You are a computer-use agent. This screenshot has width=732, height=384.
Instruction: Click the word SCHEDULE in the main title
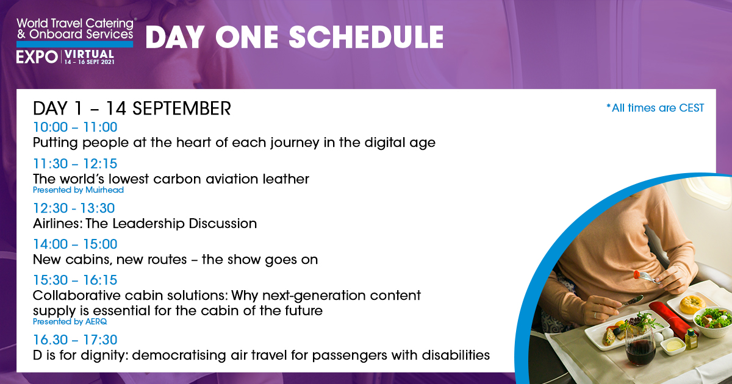click(366, 37)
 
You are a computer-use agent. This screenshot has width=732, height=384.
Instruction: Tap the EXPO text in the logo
click(37, 57)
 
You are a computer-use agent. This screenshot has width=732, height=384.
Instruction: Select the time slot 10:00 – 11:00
click(75, 127)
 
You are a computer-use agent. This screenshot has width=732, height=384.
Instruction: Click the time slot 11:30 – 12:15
click(75, 163)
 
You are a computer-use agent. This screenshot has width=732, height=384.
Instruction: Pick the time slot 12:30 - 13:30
click(74, 208)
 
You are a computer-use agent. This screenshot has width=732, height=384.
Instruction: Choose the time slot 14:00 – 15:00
click(75, 244)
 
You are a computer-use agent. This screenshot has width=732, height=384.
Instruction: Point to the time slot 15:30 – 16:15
click(75, 280)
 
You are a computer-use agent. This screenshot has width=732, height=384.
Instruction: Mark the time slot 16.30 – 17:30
click(75, 340)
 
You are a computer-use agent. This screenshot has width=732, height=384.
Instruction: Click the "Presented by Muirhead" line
click(79, 190)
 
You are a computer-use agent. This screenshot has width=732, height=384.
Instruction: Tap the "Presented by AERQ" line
click(70, 322)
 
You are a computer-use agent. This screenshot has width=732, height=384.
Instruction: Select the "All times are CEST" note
click(655, 108)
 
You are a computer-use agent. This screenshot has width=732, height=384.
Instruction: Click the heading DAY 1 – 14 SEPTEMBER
click(132, 108)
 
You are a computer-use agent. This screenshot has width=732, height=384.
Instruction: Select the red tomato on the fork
click(637, 275)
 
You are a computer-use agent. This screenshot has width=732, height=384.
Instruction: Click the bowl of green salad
click(713, 321)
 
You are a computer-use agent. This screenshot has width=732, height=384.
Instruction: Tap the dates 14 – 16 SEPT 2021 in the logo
click(89, 62)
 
